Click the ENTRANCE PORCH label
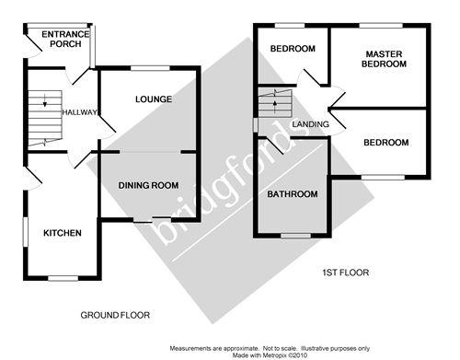pos(65,39)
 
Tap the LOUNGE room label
pos(154,99)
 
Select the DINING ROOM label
pos(148,185)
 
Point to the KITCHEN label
pos(63,233)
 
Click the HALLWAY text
pos(80,112)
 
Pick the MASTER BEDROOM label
pos(384,59)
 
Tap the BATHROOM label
pos(293,194)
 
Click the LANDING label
pos(310,124)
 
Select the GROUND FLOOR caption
pos(115,315)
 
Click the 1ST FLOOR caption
pos(346,273)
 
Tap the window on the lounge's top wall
pos(150,68)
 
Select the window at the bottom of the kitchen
pos(63,278)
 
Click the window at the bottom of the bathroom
pos(296,236)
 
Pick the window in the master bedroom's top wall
pos(381,26)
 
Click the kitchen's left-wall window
pos(26,232)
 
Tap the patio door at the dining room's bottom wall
pos(153,219)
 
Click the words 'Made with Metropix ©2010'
pos(270,355)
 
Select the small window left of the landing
pos(255,125)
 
